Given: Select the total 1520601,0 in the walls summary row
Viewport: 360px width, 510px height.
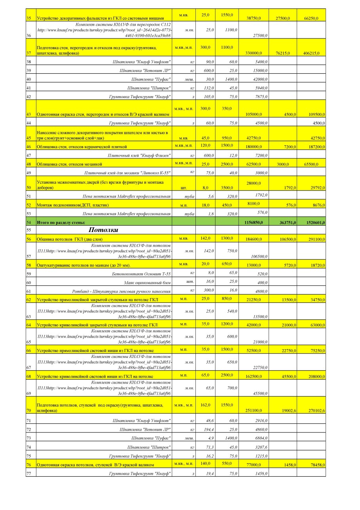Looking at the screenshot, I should tap(315, 223).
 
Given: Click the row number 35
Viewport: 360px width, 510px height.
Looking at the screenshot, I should tap(28, 18).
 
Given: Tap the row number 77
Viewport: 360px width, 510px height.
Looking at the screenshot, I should tap(28, 473).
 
